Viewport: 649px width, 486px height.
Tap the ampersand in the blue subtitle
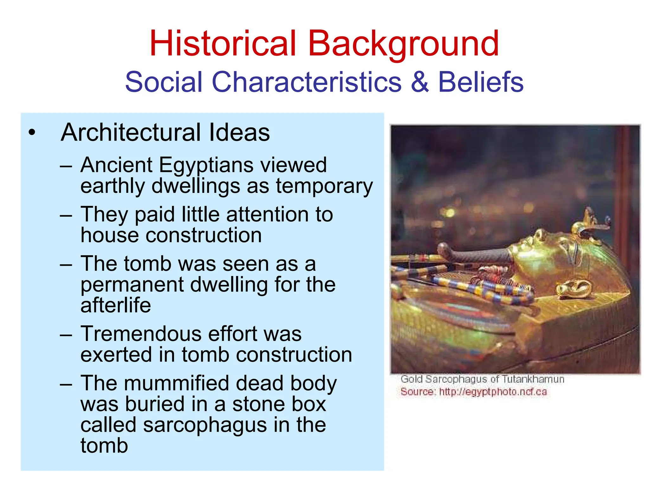pyautogui.click(x=420, y=82)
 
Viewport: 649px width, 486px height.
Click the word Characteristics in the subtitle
pyautogui.click(x=306, y=82)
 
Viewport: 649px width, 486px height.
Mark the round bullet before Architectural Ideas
pyautogui.click(x=32, y=133)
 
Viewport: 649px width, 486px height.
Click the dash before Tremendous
pyautogui.click(x=66, y=335)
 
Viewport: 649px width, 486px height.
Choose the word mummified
pyautogui.click(x=176, y=383)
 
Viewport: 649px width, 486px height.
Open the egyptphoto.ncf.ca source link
pyautogui.click(x=493, y=392)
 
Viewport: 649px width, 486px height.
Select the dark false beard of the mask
pyautogui.click(x=475, y=253)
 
